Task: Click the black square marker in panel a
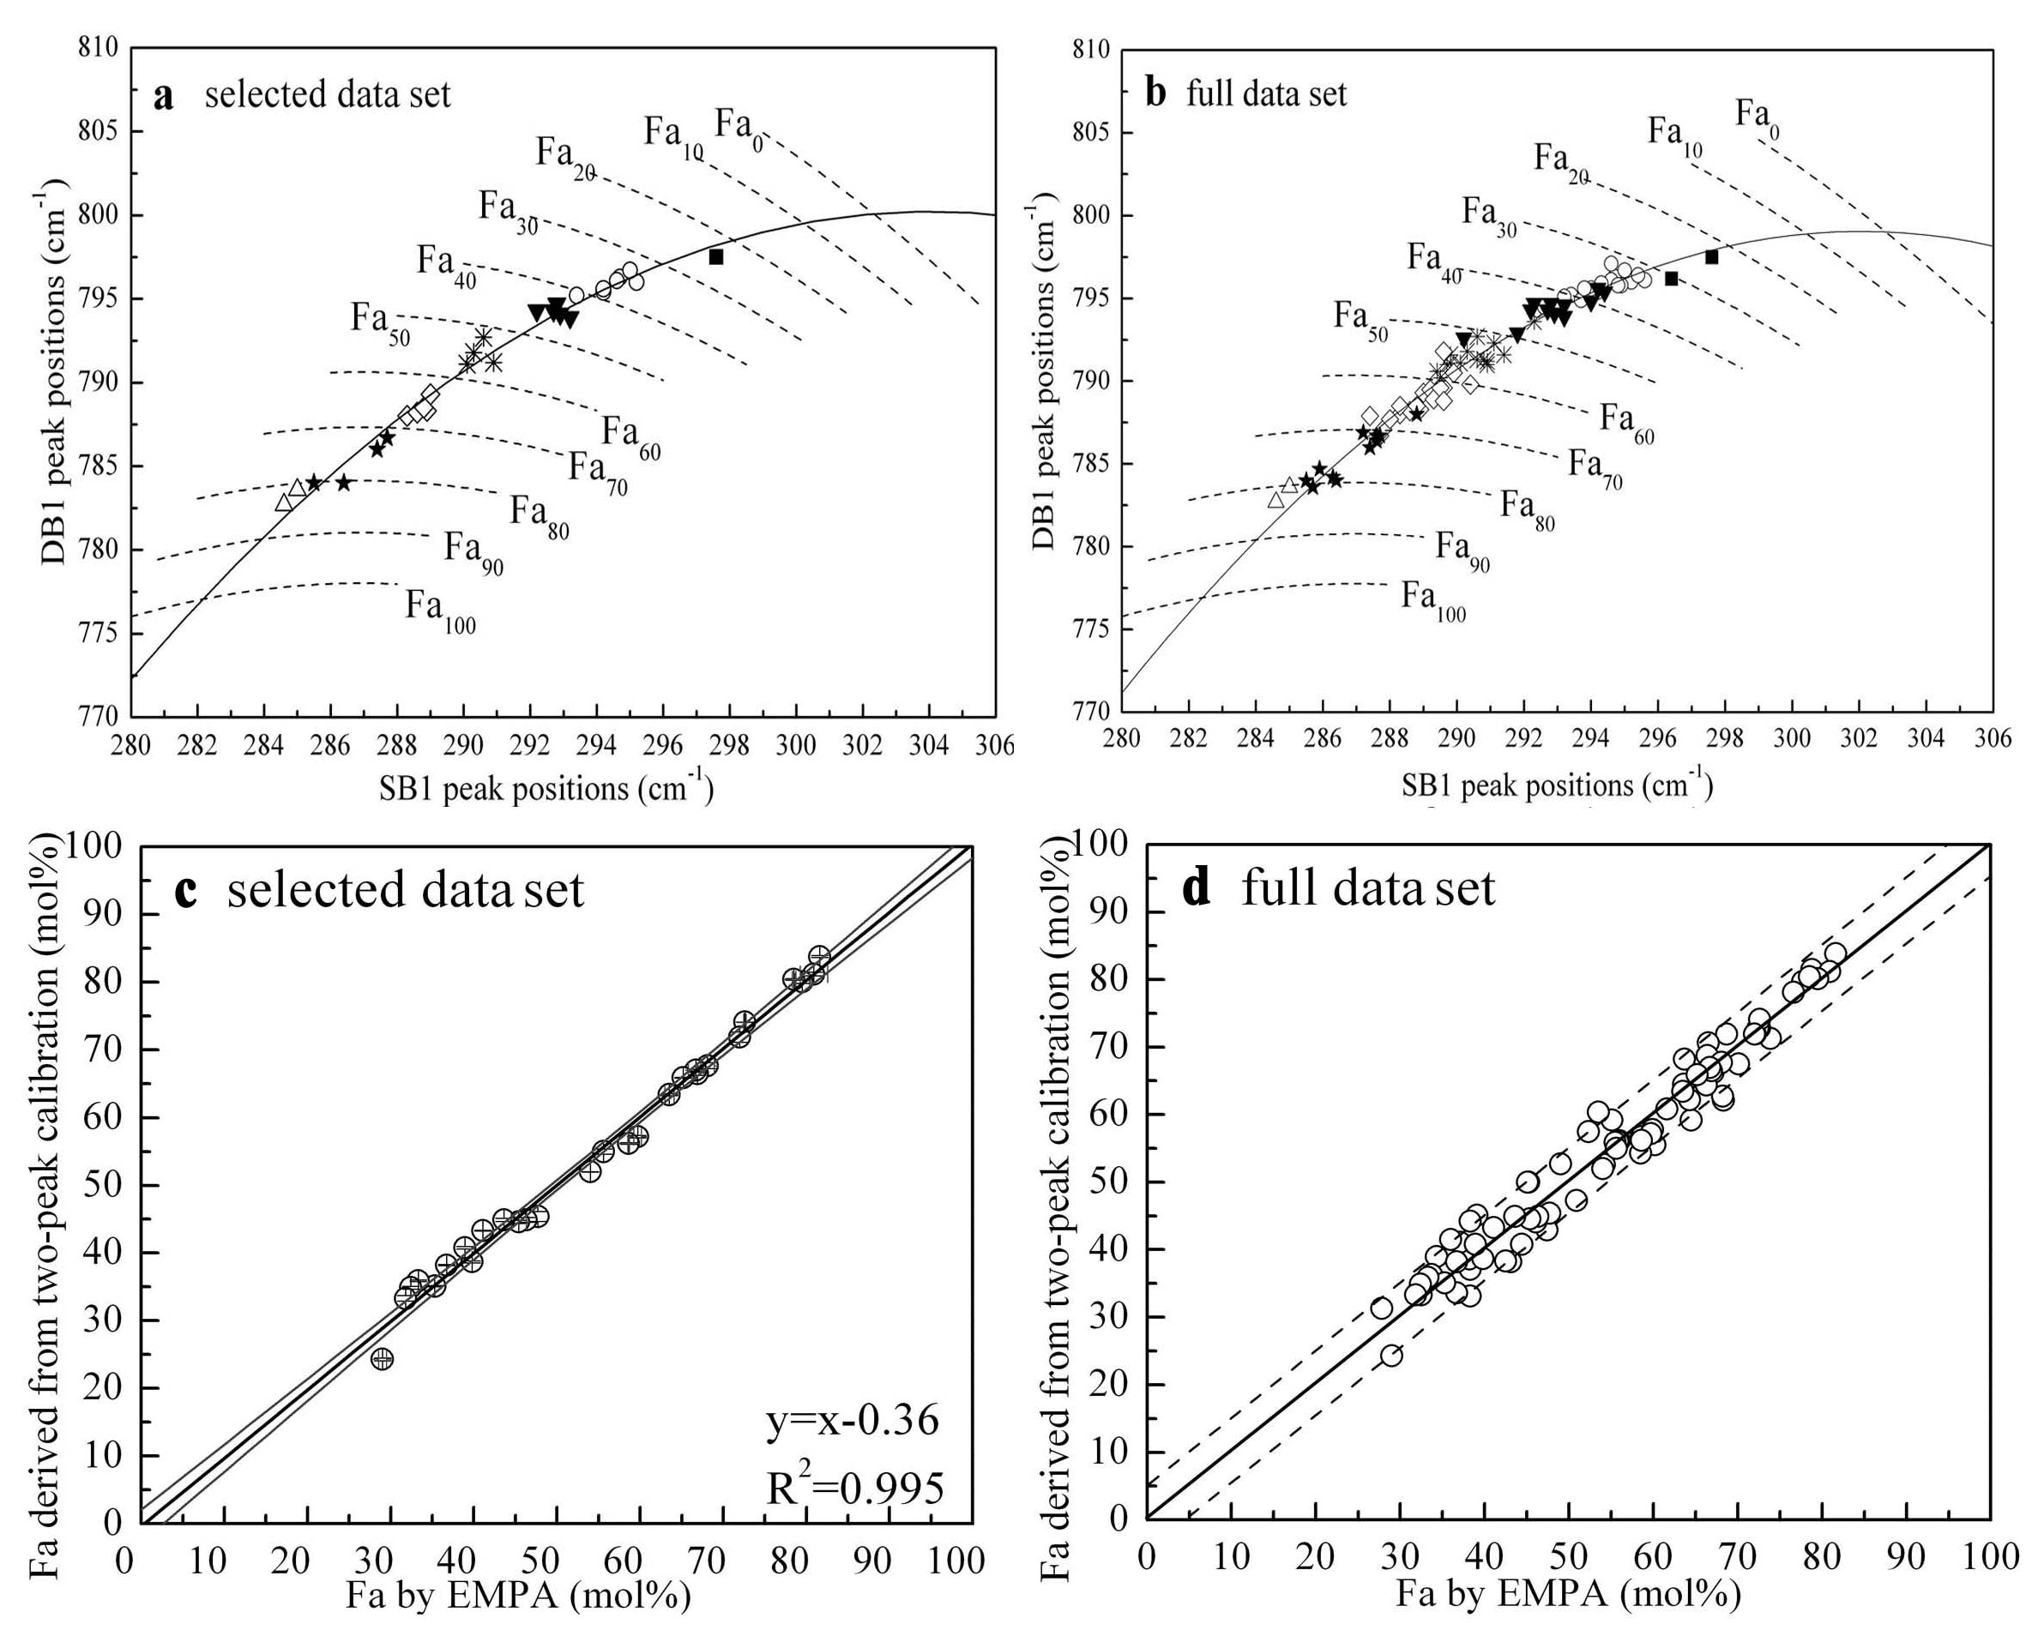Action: [716, 256]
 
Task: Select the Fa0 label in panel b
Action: [1755, 117]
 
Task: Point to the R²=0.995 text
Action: [854, 1489]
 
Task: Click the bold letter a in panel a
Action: [164, 96]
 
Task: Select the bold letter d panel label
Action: [1197, 889]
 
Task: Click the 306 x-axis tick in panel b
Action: [1993, 739]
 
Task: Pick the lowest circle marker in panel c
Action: [382, 1358]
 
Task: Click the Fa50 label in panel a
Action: [380, 322]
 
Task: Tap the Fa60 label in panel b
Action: [1626, 422]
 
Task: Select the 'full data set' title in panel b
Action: [1267, 94]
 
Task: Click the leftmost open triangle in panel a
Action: [284, 502]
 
